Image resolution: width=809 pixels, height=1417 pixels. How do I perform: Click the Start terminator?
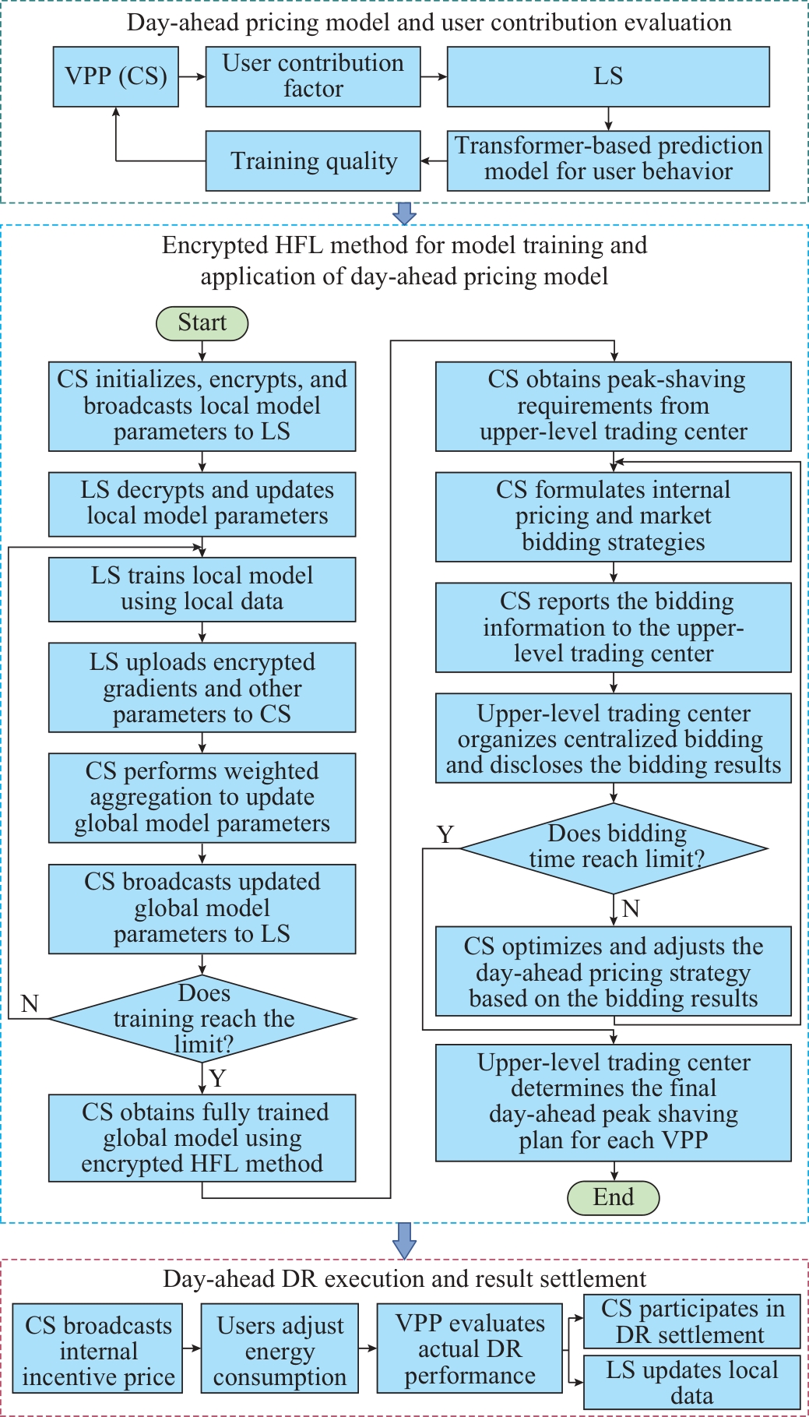[202, 323]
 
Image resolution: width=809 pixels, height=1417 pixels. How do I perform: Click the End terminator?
[614, 1197]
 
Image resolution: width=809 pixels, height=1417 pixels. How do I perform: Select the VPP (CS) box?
[116, 76]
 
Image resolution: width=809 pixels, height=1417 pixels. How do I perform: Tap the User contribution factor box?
[313, 76]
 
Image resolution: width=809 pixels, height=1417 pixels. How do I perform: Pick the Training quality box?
[313, 161]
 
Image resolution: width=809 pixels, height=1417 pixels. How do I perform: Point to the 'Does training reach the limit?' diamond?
[202, 1018]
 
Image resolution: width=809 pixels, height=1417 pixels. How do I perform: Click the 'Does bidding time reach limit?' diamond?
[614, 848]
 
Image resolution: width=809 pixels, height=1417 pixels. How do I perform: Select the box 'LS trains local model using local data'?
[202, 589]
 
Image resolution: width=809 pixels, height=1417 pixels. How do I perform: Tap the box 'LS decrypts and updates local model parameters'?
[202, 504]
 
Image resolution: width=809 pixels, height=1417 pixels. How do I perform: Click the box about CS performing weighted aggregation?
[202, 798]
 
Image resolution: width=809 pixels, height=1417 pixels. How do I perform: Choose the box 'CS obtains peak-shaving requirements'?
[614, 406]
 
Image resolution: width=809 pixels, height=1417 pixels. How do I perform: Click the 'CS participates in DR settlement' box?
[692, 1321]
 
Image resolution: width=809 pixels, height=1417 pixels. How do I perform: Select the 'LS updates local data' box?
[692, 1382]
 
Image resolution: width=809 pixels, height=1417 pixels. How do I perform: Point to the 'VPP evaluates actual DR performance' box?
[470, 1349]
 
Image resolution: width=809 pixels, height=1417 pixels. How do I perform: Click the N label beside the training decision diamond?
[30, 1003]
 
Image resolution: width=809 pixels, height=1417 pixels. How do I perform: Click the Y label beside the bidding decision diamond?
[445, 835]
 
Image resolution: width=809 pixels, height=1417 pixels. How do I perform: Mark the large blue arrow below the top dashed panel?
[404, 213]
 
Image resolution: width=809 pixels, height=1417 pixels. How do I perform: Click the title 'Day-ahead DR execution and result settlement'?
[404, 1278]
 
